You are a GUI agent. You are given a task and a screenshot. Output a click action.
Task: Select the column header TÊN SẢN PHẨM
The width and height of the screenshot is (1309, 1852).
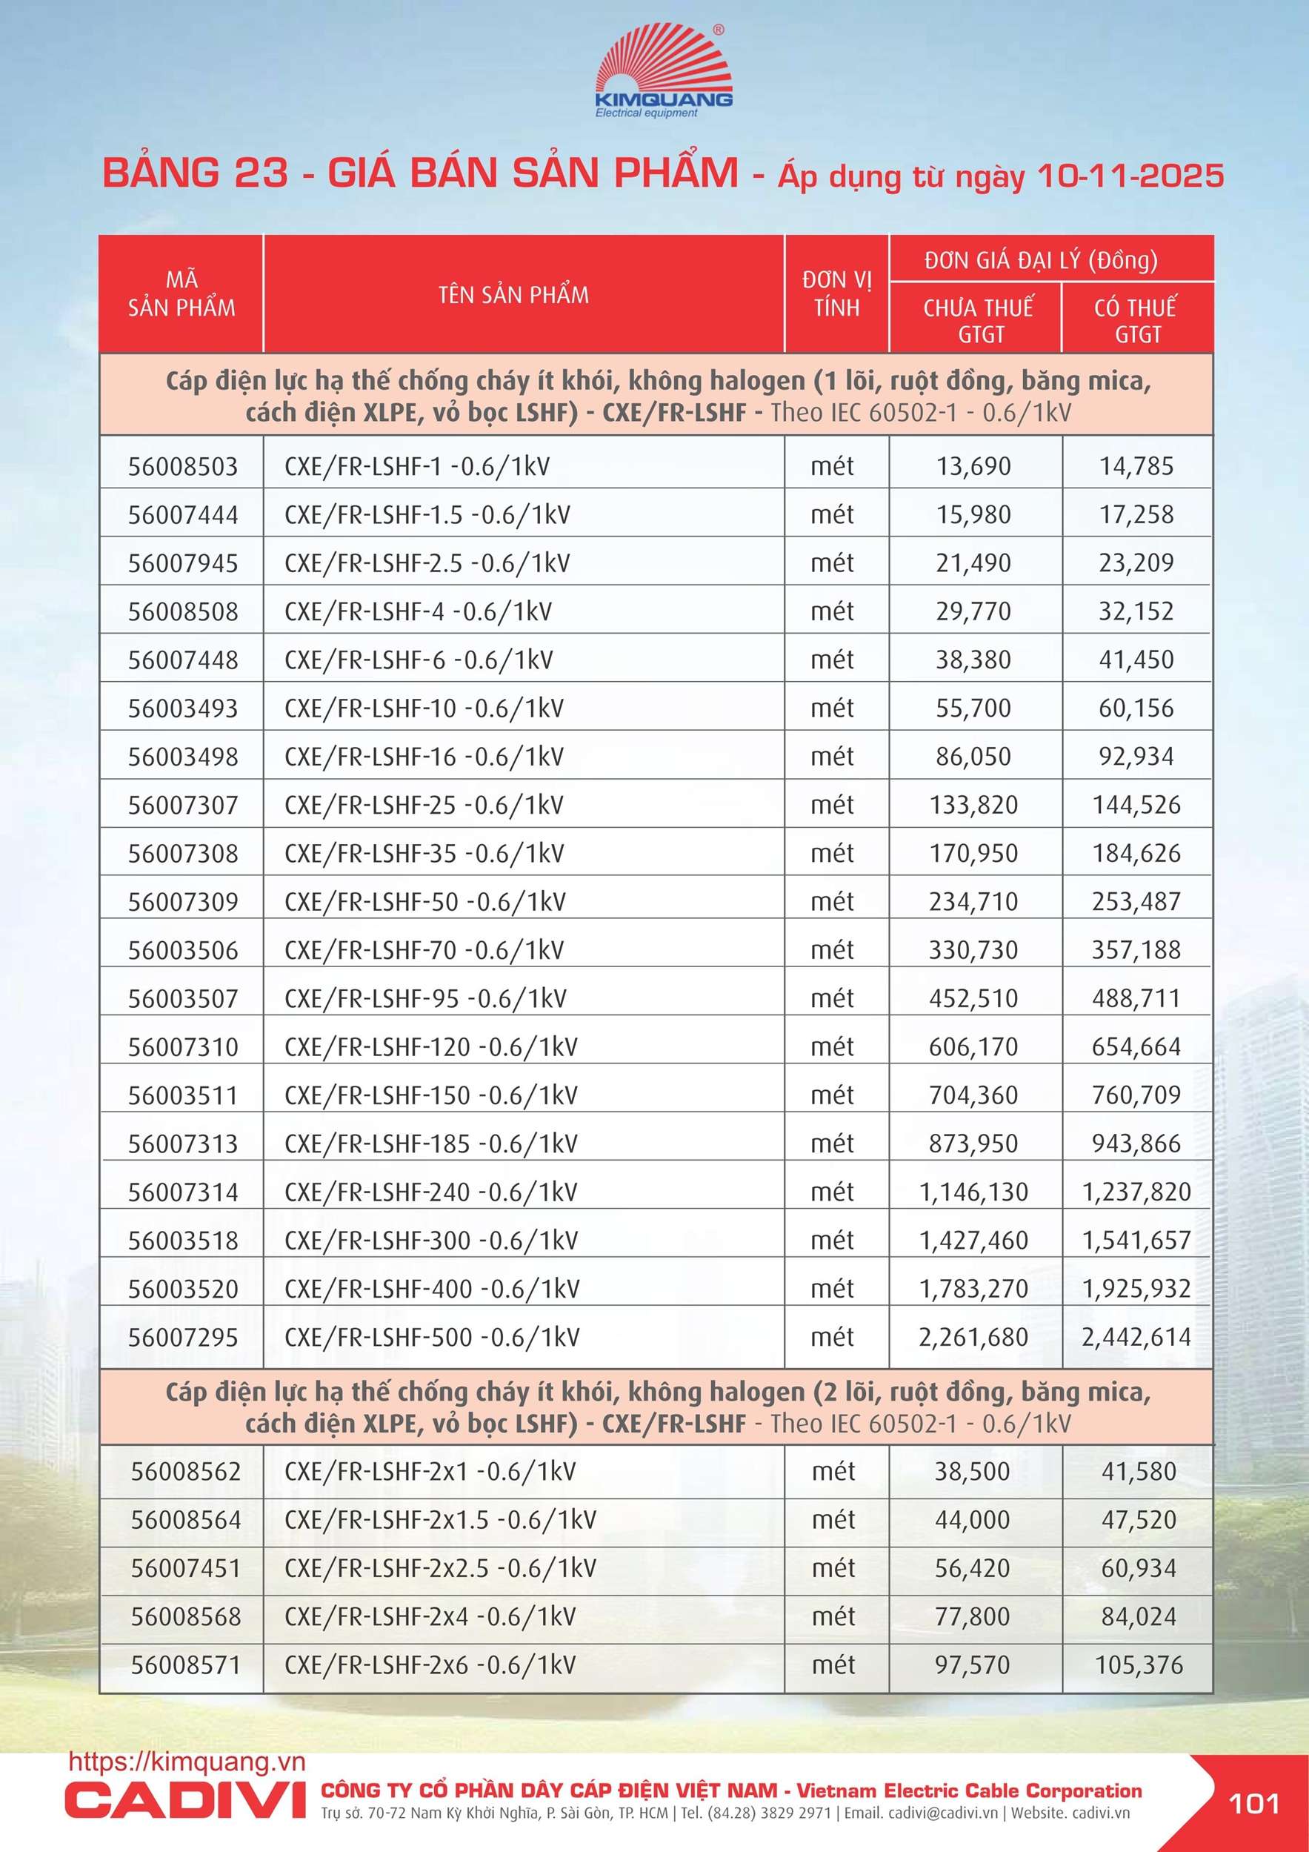(x=514, y=295)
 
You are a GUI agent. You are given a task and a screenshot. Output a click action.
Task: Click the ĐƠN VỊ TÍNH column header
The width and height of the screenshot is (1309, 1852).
(x=836, y=293)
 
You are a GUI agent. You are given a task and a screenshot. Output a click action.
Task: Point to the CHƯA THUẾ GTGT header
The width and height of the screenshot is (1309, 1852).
(x=978, y=320)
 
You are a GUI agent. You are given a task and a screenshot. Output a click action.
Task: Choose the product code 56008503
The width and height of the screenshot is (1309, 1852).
(x=183, y=466)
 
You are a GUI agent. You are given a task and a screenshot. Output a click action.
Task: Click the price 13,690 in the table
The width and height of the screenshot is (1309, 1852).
(x=973, y=466)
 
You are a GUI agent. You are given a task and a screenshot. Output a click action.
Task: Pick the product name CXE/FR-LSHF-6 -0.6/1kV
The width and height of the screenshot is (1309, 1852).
(x=419, y=660)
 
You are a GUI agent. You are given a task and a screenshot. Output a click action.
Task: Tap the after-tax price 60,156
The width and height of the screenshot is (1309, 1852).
(x=1136, y=708)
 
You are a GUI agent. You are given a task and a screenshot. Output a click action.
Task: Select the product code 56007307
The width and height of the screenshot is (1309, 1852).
(x=183, y=805)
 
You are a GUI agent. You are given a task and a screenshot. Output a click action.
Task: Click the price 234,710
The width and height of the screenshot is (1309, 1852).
(x=973, y=902)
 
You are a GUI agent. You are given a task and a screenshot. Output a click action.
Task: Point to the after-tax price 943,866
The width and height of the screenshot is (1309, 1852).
(x=1136, y=1144)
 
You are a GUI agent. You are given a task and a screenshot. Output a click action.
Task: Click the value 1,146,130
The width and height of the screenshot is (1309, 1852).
(x=973, y=1192)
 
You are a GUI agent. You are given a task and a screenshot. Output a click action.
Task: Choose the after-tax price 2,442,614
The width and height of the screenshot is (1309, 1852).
(x=1136, y=1338)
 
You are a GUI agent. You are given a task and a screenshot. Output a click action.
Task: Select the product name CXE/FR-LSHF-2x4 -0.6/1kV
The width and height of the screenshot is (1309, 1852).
(x=430, y=1616)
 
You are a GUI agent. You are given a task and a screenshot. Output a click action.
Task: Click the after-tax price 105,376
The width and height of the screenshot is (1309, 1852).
(x=1138, y=1665)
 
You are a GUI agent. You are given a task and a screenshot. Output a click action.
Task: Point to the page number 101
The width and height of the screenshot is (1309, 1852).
(x=1253, y=1804)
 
